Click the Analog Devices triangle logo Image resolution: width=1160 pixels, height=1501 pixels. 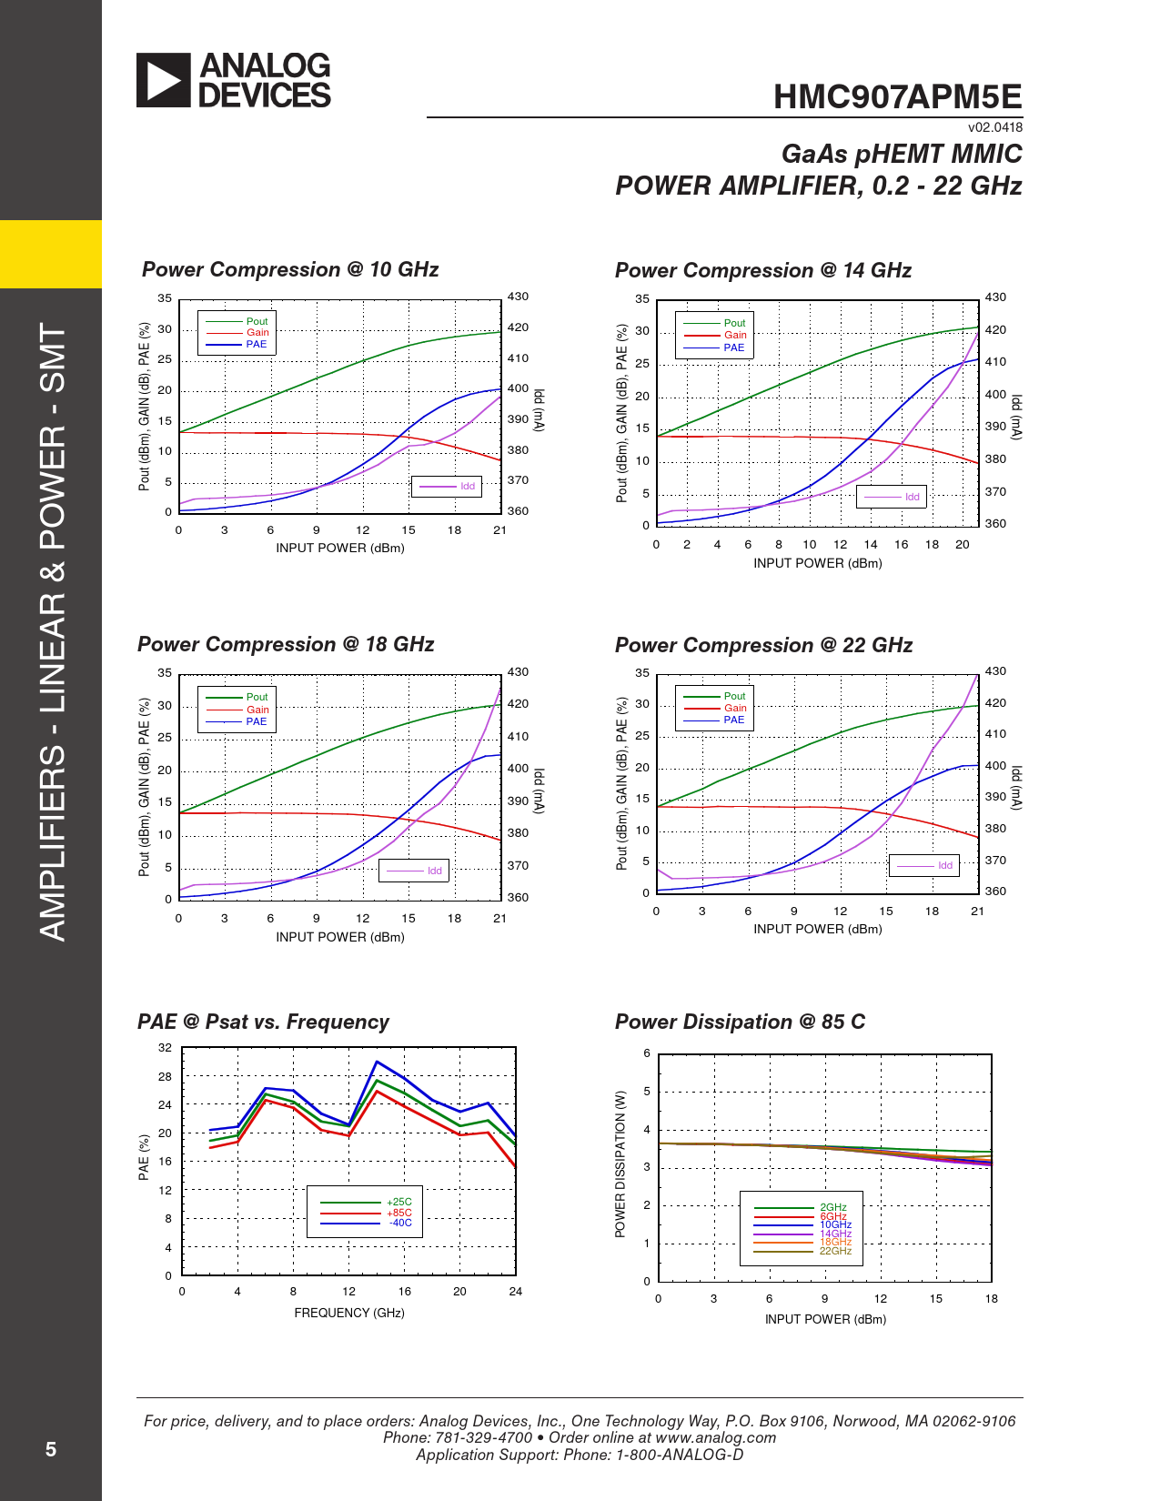(x=164, y=80)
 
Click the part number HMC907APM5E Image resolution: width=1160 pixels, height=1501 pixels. (x=897, y=97)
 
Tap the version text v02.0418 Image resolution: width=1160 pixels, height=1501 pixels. (x=994, y=128)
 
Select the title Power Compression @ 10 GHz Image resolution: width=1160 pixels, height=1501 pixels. (x=290, y=270)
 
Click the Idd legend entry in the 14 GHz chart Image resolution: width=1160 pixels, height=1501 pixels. (x=912, y=497)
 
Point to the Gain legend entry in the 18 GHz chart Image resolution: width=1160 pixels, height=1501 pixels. (x=257, y=710)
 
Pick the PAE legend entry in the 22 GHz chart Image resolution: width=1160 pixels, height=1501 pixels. (x=734, y=720)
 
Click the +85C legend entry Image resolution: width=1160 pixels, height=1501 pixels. (x=399, y=1213)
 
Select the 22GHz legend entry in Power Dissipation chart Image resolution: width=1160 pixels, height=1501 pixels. (x=835, y=1251)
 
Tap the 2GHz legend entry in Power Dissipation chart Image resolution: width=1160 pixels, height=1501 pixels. (x=833, y=1208)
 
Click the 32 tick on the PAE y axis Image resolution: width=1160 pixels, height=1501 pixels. (x=165, y=1048)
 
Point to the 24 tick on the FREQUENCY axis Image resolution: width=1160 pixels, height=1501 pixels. (x=515, y=1292)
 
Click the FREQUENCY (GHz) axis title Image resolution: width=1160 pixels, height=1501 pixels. (x=349, y=1313)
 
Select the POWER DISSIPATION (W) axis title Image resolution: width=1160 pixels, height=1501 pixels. (x=620, y=1164)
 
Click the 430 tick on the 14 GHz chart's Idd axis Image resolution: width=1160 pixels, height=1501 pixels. (x=995, y=297)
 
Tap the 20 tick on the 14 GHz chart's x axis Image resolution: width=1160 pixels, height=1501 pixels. (x=962, y=545)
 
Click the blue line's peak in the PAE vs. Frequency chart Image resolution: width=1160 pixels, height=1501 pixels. (x=377, y=1062)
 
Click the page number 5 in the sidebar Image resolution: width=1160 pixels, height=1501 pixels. (x=51, y=1449)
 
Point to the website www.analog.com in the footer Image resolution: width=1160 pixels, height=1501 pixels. (x=715, y=1437)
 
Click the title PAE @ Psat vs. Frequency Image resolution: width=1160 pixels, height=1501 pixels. (x=263, y=1022)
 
